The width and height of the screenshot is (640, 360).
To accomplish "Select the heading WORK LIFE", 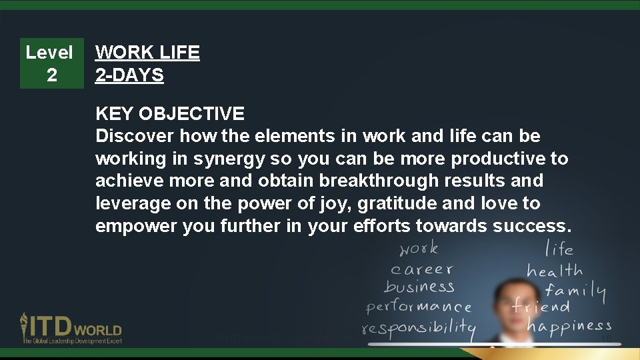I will (147, 53).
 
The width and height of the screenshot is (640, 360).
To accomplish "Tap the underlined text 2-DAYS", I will (129, 75).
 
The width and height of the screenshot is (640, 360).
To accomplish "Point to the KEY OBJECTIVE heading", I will (170, 114).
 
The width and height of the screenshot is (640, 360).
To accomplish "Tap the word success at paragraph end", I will (531, 226).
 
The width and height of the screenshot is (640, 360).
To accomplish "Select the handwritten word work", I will (419, 249).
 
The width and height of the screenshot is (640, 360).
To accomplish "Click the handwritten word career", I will (421, 269).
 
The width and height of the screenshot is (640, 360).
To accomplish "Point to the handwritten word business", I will (419, 287).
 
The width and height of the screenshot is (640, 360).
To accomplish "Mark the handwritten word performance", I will (419, 307).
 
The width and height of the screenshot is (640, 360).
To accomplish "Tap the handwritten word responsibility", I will (419, 329).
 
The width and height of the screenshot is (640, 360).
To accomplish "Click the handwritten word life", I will (559, 249).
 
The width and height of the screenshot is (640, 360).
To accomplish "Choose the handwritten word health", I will (555, 271).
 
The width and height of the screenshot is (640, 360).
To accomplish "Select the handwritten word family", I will (575, 290).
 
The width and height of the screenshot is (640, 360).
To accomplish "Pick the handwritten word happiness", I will (569, 325).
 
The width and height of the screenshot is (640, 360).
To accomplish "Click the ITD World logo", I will (71, 328).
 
